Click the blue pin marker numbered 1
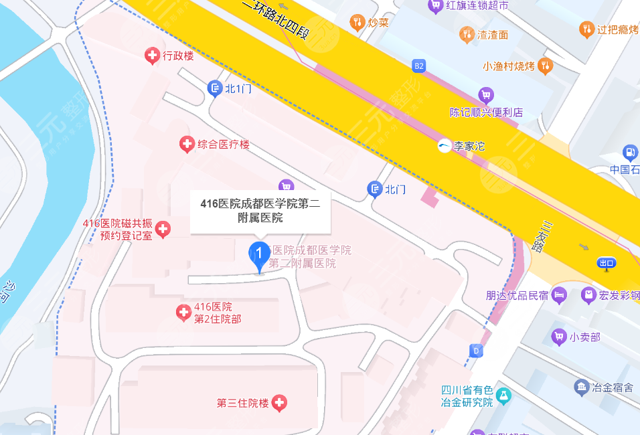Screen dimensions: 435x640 [x=259, y=255]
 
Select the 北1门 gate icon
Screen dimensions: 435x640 [x=215, y=88]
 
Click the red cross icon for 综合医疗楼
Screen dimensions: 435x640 [x=187, y=144]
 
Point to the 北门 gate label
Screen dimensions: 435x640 [x=396, y=190]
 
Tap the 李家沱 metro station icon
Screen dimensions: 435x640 [x=445, y=145]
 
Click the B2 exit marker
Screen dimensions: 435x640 [x=419, y=66]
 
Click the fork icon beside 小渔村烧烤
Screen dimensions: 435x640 [x=546, y=66]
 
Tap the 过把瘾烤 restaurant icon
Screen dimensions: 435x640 [x=586, y=29]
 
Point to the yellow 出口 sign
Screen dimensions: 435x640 [x=607, y=263]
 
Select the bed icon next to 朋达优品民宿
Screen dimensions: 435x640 [x=560, y=294]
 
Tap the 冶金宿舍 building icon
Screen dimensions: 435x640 [x=581, y=387]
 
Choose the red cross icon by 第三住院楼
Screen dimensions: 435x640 [x=279, y=403]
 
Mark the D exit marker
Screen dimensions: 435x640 [x=477, y=350]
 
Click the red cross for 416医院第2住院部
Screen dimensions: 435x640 [x=183, y=313]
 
